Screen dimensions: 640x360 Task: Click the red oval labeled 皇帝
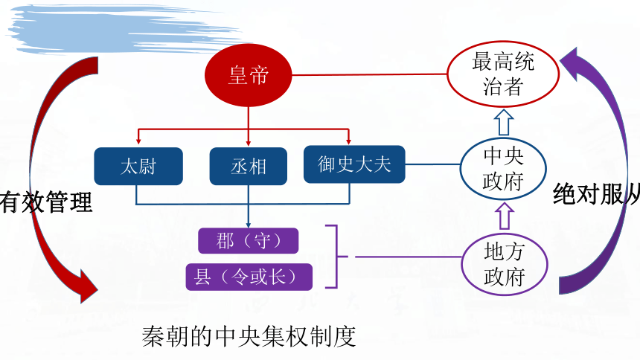click(248, 75)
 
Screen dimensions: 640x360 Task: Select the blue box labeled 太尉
click(138, 166)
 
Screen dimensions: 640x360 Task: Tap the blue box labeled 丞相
click(248, 166)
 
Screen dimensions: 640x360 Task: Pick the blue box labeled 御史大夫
click(354, 164)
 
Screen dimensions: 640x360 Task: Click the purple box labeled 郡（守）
click(248, 241)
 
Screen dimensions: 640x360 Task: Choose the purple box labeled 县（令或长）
click(249, 277)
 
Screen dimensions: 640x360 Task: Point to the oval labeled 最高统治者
click(503, 74)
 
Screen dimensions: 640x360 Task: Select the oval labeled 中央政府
click(503, 169)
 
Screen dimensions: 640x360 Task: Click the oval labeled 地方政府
click(505, 264)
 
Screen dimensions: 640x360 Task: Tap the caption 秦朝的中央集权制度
click(249, 336)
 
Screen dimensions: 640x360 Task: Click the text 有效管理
click(45, 202)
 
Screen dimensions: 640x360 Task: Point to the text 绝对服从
click(596, 194)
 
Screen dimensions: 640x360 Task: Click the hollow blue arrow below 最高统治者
click(504, 122)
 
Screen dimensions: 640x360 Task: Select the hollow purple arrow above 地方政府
click(505, 216)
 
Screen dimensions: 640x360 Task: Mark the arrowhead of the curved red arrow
click(87, 286)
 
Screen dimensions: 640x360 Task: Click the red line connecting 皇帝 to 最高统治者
click(370, 74)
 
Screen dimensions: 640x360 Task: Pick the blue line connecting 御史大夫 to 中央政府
click(432, 164)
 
